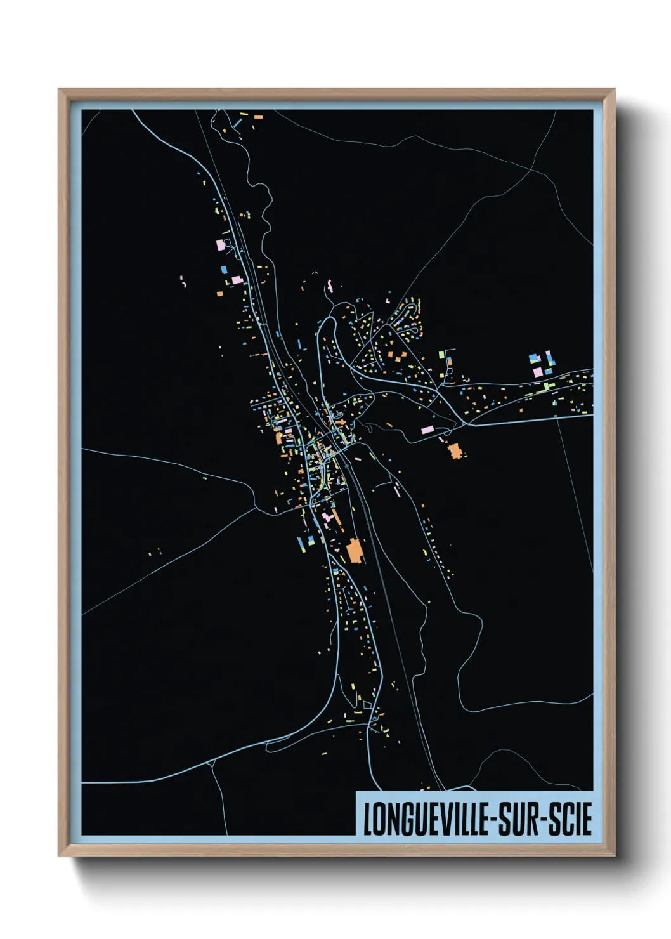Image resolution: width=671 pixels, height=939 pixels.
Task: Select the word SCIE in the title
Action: tap(570, 819)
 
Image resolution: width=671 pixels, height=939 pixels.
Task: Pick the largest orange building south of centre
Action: tap(355, 550)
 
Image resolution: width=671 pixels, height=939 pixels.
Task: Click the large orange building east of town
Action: tap(455, 451)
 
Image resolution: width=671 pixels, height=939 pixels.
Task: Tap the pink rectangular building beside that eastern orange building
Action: tap(427, 430)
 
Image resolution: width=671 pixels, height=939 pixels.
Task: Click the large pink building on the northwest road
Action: tap(221, 244)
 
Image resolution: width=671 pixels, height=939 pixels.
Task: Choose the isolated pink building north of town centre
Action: tap(330, 284)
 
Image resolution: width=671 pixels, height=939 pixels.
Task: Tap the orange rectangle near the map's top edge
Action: tap(258, 117)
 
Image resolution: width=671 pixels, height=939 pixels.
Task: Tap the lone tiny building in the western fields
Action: tap(205, 478)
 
